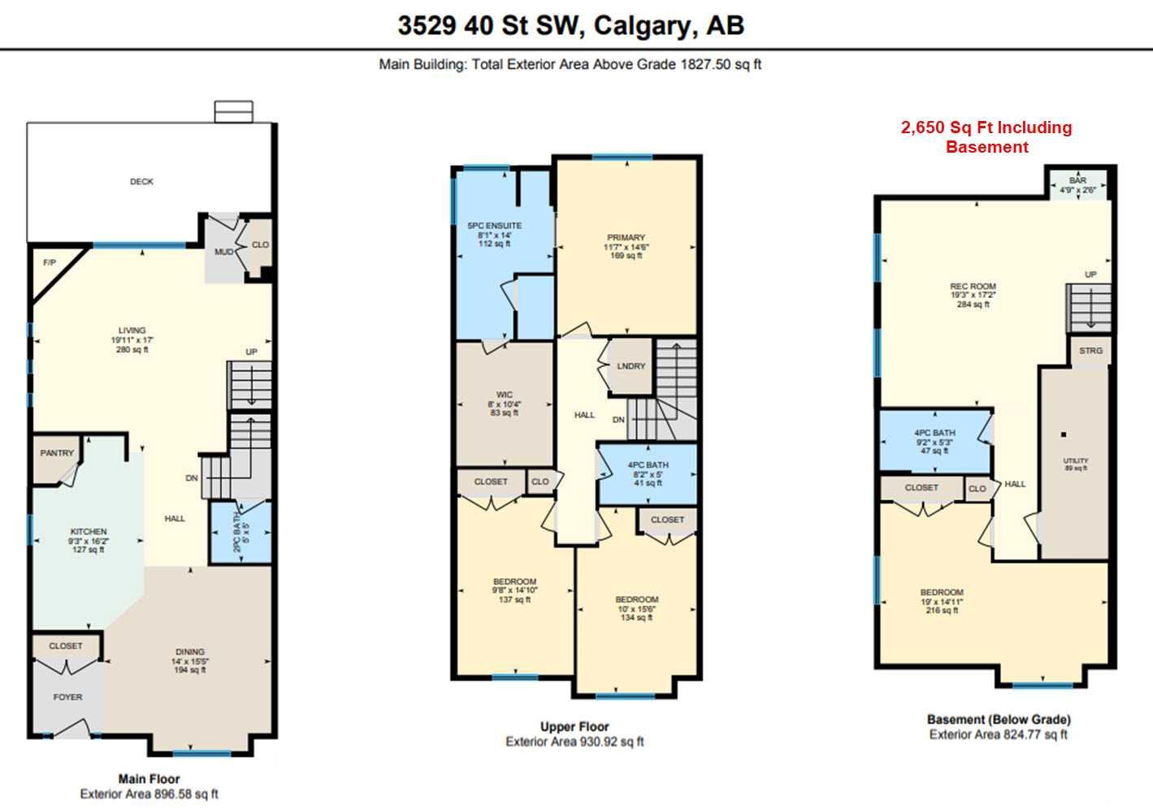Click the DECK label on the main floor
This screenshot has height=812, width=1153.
pos(141,182)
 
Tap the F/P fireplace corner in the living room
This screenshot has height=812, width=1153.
pos(50,263)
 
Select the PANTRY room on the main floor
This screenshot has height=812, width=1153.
pos(57,453)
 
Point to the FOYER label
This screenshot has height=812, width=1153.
pos(67,697)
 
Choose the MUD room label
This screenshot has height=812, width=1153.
pos(223,253)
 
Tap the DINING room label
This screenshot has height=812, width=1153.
pos(190,651)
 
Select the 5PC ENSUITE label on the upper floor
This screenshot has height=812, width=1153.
pos(494,226)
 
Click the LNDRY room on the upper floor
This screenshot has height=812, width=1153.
pos(631,366)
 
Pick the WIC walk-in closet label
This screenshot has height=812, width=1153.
pos(504,395)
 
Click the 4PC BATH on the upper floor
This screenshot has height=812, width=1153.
pos(648,465)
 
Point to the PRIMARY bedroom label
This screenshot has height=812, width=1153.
pos(626,237)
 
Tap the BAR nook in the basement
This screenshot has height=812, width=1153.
pos(1077,180)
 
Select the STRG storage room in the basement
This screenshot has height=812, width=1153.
pos(1090,351)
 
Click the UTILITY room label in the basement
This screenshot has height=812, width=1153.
pos(1076,460)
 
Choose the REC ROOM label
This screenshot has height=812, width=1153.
pos(973,286)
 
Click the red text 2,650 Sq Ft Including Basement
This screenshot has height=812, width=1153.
pos(986,137)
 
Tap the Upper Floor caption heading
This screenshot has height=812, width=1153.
pos(574,727)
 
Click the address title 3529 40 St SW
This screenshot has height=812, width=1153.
pos(490,26)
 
